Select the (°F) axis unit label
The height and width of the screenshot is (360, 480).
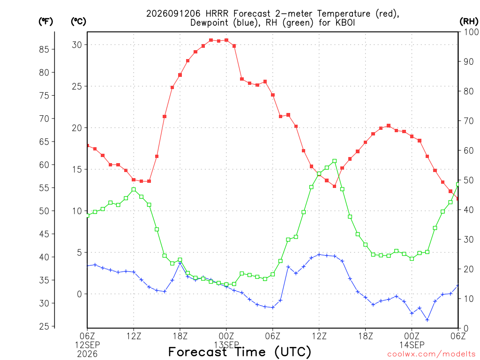click(45, 22)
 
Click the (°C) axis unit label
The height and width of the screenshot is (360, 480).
click(78, 22)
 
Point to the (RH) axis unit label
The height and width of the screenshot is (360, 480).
click(469, 22)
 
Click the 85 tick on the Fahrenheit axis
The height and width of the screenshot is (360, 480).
click(44, 49)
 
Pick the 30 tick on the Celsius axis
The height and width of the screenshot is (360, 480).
click(77, 45)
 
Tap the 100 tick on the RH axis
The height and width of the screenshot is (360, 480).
click(472, 32)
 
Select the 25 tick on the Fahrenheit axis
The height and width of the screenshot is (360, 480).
click(44, 326)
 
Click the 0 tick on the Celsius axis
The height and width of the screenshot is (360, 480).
click(80, 294)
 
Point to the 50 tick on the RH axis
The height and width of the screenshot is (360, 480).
click(468, 180)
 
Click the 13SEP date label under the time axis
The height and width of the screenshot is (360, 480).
click(226, 345)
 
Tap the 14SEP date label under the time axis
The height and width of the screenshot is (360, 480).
click(412, 345)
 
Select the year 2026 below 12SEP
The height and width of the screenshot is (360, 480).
click(87, 354)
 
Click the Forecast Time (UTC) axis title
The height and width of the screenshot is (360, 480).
click(240, 352)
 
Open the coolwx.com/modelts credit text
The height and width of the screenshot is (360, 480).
click(431, 354)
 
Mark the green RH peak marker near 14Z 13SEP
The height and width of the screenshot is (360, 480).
click(335, 161)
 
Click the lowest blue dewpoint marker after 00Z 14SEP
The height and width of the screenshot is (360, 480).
click(427, 320)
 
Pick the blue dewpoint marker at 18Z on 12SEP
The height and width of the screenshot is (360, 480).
click(180, 263)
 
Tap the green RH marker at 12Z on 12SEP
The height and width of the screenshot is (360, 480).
click(134, 190)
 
